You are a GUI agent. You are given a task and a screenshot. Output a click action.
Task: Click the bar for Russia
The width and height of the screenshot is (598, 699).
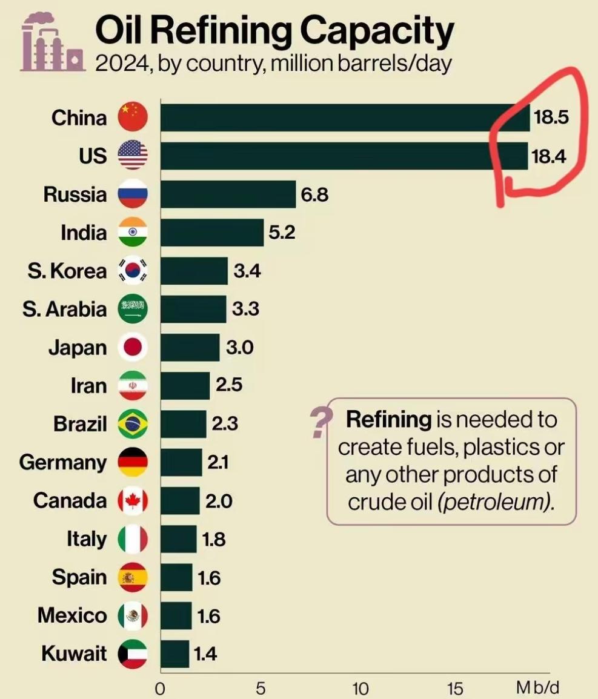tap(228, 194)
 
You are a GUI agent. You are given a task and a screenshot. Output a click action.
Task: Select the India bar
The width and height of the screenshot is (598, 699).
tap(212, 233)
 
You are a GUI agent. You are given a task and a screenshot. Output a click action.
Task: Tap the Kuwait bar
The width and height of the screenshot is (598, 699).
tap(175, 654)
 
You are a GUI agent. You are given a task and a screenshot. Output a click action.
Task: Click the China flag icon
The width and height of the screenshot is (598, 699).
tap(132, 117)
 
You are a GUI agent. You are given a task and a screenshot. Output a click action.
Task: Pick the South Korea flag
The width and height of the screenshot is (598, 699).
tap(132, 271)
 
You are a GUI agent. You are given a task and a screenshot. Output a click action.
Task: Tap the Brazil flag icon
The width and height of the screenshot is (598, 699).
tap(132, 424)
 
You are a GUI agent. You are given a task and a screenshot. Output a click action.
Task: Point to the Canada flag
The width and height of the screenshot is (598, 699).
tap(132, 501)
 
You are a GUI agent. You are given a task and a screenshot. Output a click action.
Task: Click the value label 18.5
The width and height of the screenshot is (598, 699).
tap(551, 118)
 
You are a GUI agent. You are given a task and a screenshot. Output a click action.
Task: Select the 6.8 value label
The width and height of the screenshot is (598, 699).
tap(314, 195)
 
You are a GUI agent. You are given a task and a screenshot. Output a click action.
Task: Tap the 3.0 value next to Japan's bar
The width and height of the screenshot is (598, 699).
tap(239, 348)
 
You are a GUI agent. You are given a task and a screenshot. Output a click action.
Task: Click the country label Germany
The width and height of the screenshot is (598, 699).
tap(62, 463)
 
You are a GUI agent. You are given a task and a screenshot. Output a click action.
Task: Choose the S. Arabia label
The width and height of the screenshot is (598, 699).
tap(64, 309)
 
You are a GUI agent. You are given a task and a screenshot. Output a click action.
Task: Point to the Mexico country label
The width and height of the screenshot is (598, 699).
tap(71, 616)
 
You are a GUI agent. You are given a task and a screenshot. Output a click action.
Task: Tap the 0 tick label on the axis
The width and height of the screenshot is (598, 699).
tap(160, 689)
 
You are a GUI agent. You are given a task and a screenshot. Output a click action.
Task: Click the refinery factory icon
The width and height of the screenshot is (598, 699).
tap(51, 44)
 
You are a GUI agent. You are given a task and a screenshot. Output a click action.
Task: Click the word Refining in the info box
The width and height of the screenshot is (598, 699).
tap(388, 419)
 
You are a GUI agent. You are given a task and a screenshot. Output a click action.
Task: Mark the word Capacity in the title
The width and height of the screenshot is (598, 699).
tap(373, 31)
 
